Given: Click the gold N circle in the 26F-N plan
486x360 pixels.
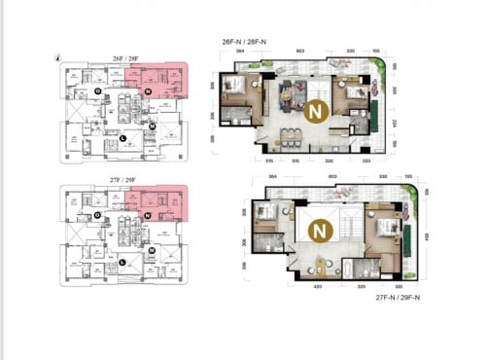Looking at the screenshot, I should (x=313, y=112).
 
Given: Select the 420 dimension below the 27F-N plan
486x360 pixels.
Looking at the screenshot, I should (x=317, y=288).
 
